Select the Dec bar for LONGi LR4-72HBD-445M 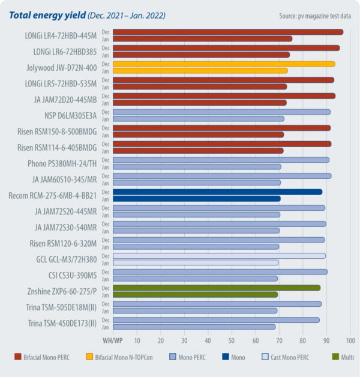[228, 32]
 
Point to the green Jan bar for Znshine [195, 295]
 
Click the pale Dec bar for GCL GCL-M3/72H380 [219, 256]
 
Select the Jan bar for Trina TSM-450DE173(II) [194, 327]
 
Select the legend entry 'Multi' [344, 357]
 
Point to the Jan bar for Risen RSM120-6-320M [196, 247]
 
